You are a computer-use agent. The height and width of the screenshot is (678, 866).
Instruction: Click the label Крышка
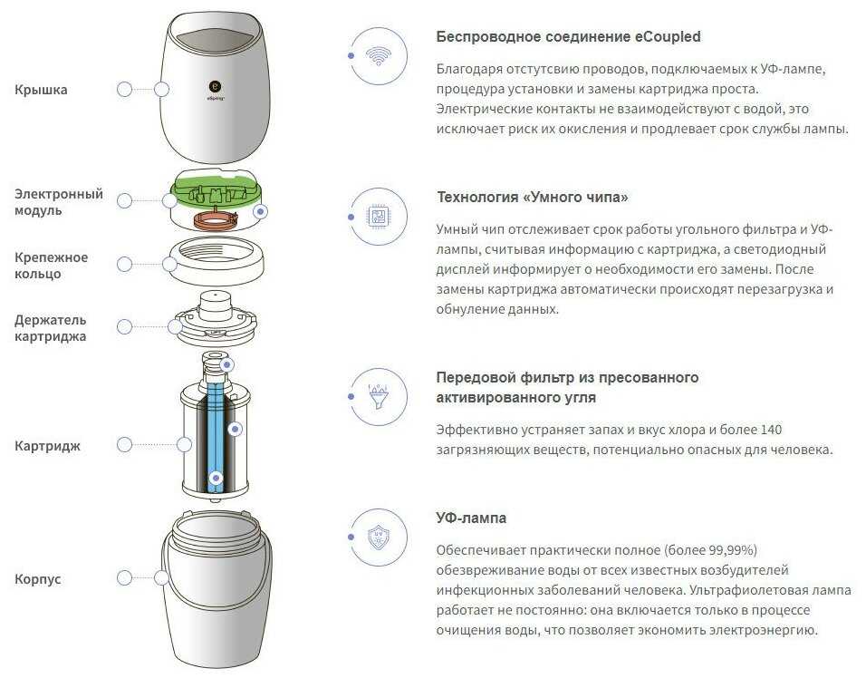(41, 90)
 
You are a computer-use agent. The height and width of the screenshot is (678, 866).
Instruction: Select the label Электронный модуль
(59, 202)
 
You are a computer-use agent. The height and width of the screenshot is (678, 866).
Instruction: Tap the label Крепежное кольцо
(51, 266)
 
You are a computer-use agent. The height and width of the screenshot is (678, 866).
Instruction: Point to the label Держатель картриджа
(50, 328)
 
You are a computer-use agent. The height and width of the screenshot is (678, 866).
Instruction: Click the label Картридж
(47, 446)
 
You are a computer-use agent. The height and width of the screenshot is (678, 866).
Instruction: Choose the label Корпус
(37, 579)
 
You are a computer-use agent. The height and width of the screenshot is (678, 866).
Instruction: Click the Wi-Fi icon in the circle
(379, 56)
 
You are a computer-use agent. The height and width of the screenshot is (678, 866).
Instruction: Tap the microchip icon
(379, 216)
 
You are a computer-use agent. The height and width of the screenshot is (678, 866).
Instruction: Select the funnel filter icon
(379, 396)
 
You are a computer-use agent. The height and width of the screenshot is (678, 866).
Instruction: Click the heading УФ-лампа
(471, 518)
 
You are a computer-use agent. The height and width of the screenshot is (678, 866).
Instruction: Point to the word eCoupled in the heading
(668, 36)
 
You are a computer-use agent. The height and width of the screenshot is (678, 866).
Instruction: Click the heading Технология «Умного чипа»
(533, 198)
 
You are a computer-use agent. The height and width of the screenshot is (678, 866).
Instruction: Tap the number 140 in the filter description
(771, 430)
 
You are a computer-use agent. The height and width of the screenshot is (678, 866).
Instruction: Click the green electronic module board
(216, 189)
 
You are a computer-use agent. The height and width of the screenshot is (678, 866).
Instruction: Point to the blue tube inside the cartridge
(216, 437)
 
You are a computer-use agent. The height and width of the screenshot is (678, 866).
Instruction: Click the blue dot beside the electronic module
(260, 211)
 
